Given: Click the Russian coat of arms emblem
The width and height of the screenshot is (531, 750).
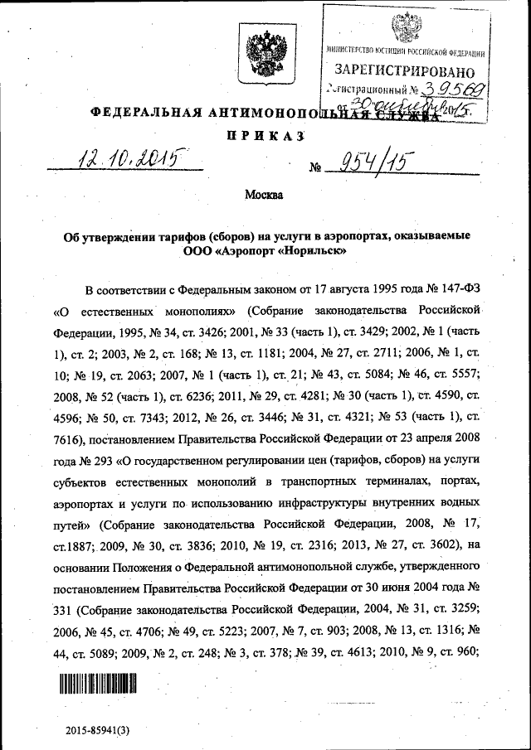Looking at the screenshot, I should coord(265,51).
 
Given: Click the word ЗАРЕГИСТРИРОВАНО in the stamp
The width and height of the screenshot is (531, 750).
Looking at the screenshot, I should coord(407,71).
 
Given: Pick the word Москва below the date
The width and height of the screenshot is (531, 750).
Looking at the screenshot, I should coord(264,196).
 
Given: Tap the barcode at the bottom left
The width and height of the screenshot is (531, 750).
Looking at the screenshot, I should coord(97,684).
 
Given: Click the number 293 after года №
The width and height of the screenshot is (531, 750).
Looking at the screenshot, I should coord(121,458).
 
